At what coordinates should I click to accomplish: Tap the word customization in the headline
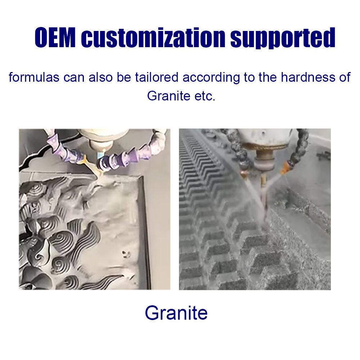[x=153, y=38]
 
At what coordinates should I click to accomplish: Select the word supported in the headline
[x=283, y=38]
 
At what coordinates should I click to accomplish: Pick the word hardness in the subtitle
[x=307, y=77]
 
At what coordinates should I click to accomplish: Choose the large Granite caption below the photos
[x=176, y=313]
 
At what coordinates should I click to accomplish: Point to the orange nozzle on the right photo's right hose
[x=287, y=166]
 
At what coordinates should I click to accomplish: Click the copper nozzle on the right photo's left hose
[x=245, y=174]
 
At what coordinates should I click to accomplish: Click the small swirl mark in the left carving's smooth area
[x=125, y=254]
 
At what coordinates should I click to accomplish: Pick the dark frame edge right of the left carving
[x=146, y=230]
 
